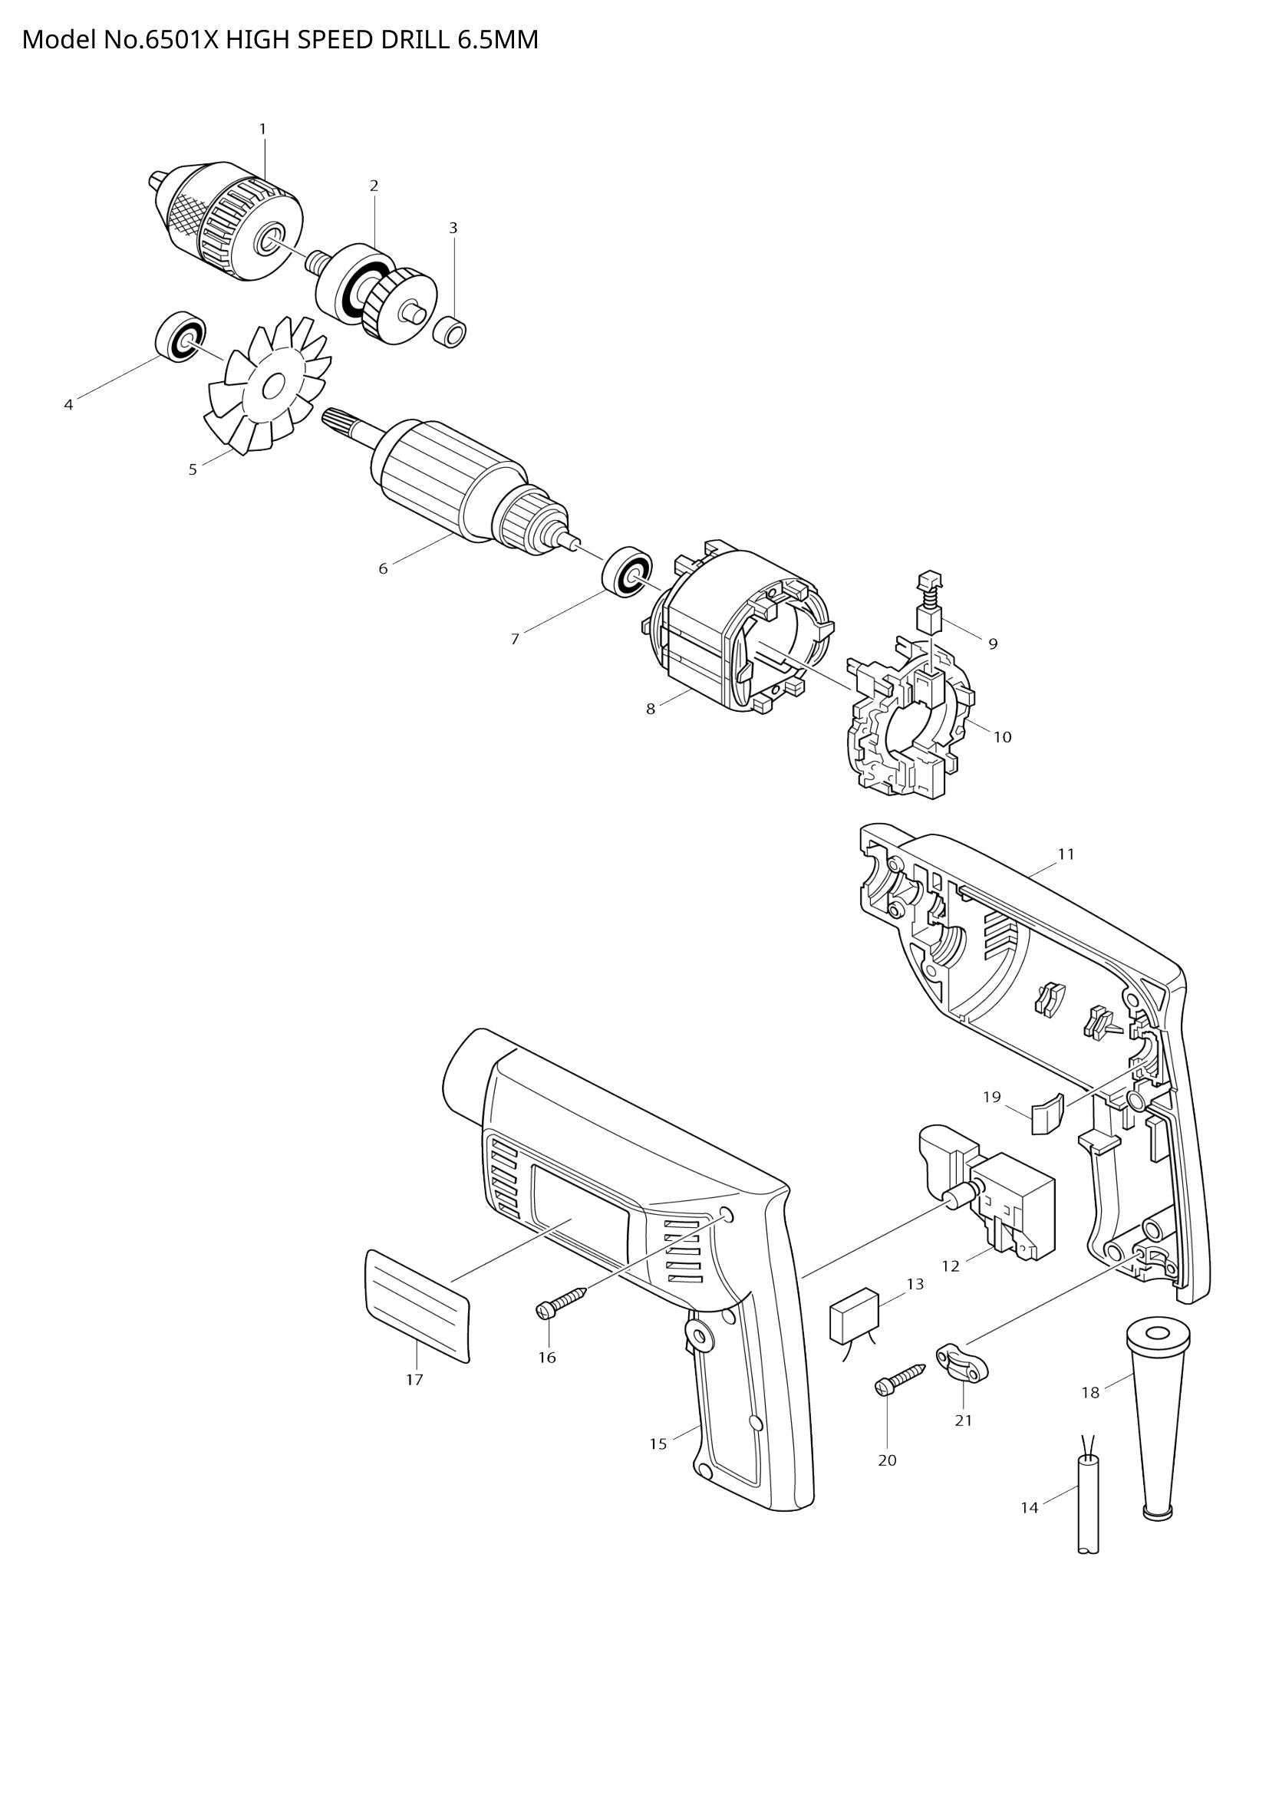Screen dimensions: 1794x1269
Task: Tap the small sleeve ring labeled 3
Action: pyautogui.click(x=450, y=331)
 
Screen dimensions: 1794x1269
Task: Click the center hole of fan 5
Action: pyautogui.click(x=272, y=387)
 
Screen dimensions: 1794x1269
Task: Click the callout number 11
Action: pyautogui.click(x=1066, y=854)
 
